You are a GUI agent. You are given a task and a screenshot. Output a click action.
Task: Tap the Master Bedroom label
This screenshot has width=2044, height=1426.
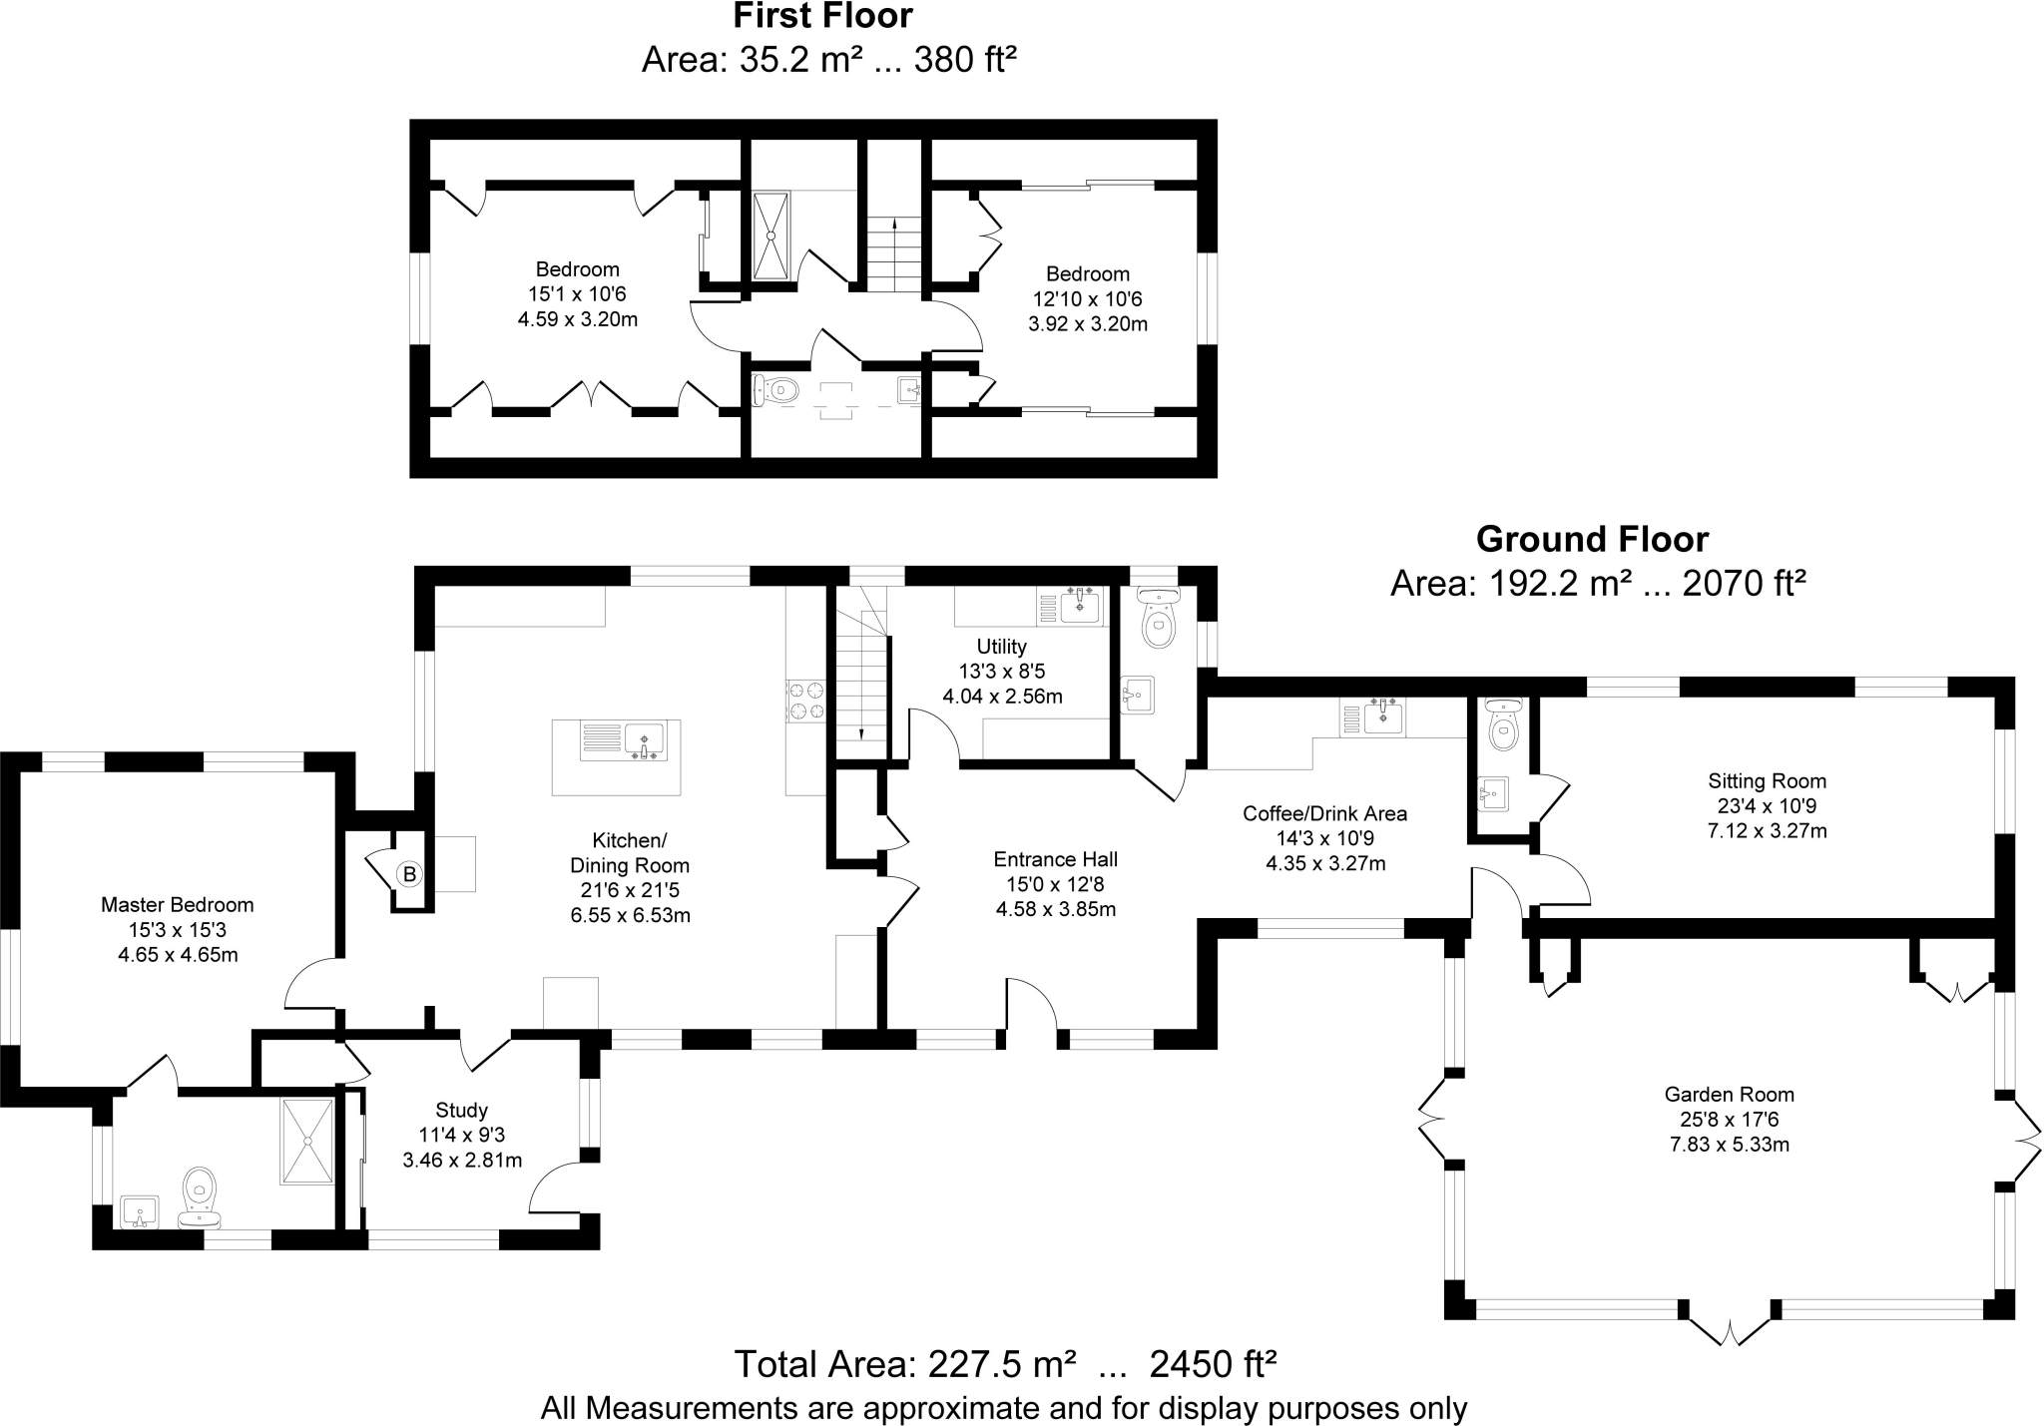[178, 905]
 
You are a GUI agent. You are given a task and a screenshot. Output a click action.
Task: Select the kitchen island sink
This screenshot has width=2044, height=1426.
[645, 740]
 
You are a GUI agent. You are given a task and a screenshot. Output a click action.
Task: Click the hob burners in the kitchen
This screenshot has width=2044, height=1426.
[806, 700]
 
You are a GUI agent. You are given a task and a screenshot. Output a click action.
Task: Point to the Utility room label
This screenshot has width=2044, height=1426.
[1001, 647]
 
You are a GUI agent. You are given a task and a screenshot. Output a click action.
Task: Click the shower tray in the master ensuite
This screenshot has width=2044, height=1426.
[307, 1141]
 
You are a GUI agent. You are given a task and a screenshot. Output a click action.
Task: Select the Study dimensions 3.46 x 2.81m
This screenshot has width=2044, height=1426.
[461, 1161]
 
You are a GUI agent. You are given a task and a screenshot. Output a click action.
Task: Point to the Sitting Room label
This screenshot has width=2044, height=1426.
[1767, 781]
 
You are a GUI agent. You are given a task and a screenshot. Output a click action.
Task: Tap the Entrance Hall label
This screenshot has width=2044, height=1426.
[1055, 859]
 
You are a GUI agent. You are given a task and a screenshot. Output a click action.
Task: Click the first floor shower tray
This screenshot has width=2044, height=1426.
[771, 236]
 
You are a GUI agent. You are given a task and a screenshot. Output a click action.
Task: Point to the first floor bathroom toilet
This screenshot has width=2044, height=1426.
[775, 389]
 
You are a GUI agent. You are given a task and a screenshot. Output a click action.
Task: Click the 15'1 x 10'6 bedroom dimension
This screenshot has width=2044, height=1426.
[577, 294]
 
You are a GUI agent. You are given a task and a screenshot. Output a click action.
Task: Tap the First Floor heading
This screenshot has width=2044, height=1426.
[822, 16]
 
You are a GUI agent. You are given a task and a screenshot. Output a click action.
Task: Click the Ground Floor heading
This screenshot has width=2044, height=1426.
[1592, 540]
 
